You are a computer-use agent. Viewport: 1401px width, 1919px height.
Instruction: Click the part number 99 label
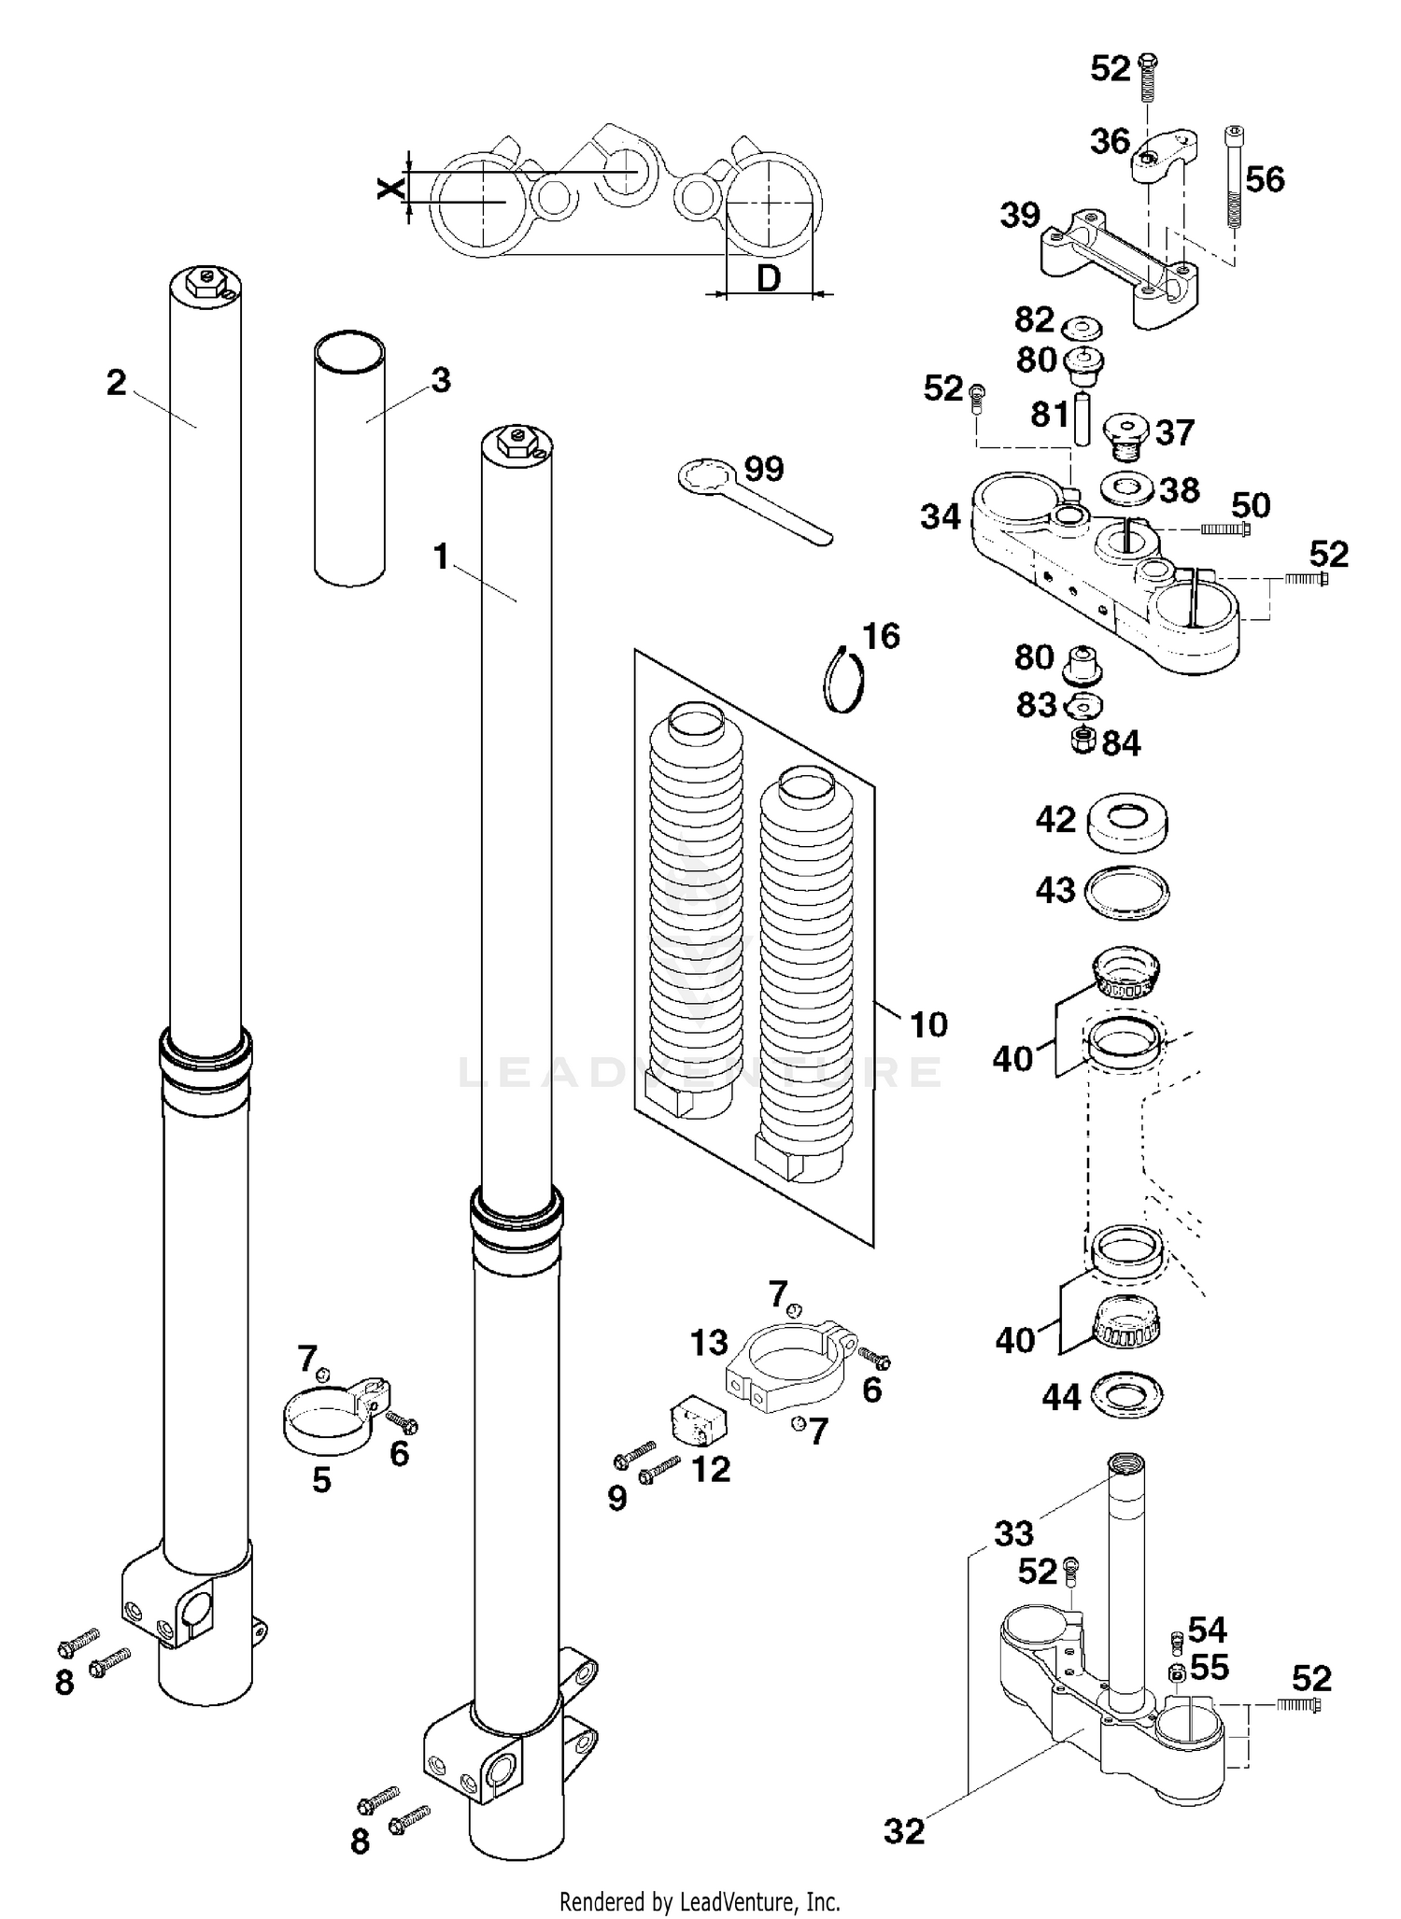coord(764,469)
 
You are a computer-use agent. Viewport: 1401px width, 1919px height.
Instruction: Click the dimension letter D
coord(768,277)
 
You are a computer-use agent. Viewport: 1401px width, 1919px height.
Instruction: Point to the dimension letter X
coord(390,188)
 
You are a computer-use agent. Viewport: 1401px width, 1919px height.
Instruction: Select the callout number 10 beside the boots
coord(928,1024)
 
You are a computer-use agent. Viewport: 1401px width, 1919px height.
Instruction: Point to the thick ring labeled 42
coord(1127,822)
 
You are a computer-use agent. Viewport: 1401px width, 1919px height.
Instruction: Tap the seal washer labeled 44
coord(1125,1396)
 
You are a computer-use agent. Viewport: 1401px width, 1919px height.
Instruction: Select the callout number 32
coord(903,1831)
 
